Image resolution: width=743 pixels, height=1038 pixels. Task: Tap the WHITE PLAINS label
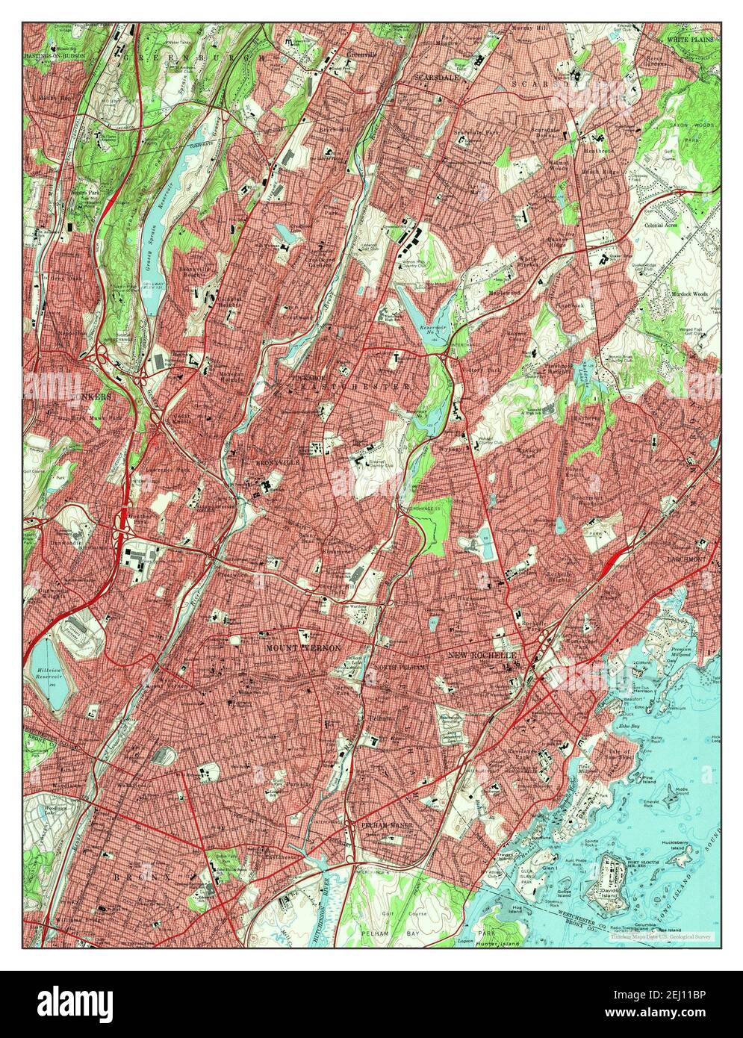point(691,39)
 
